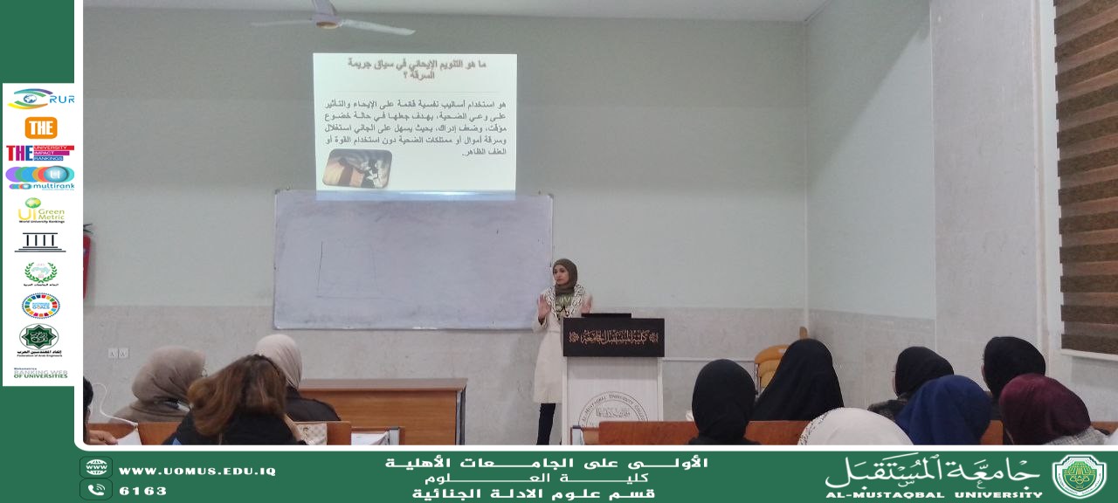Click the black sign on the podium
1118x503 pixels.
[612, 336]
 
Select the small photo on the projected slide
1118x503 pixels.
[356, 168]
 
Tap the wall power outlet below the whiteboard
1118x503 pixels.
[118, 353]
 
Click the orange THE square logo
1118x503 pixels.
[40, 127]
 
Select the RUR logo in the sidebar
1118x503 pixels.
[40, 99]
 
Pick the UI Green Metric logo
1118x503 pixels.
[40, 210]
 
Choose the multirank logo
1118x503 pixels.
[40, 178]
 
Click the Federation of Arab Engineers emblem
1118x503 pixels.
[39, 337]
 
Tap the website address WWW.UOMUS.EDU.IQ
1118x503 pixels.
[197, 471]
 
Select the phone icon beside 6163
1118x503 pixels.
[95, 490]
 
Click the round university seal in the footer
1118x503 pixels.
[1079, 476]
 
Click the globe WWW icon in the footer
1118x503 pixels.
[95, 467]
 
